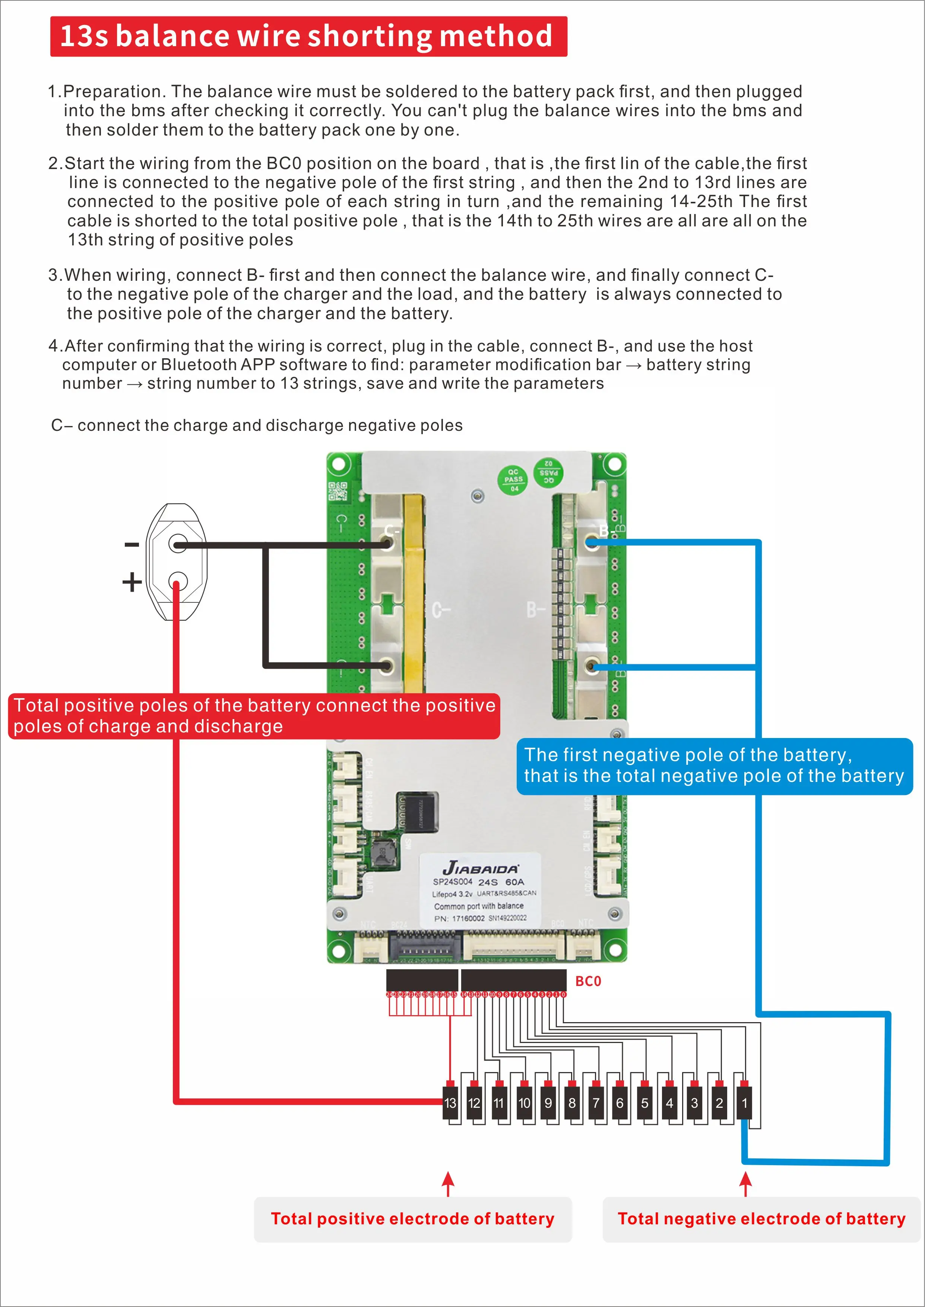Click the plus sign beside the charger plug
coord(132,582)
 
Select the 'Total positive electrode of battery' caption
coord(412,1219)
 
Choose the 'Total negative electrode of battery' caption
coord(761,1219)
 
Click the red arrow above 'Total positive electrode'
coord(448,1183)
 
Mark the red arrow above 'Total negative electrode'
coord(745,1183)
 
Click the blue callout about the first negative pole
coord(714,766)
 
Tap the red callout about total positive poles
coord(254,716)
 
